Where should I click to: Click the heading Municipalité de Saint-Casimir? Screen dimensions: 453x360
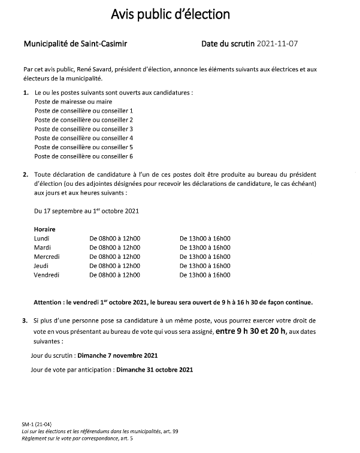coord(75,44)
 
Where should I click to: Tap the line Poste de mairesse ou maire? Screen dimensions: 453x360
coord(73,102)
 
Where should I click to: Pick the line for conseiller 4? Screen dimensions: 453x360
coord(83,138)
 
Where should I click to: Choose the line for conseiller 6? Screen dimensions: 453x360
coord(83,156)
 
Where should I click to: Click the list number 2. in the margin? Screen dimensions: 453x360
coord(26,174)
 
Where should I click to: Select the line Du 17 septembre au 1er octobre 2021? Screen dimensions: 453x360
coord(87,212)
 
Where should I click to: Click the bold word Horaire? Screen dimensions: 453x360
coord(46,229)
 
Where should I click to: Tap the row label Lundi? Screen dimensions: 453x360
coord(43,238)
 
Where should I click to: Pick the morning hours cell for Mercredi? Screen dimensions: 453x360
coord(114,256)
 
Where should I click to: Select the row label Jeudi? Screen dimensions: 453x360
coord(42,265)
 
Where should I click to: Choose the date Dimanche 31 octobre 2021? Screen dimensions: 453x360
coord(155,369)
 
